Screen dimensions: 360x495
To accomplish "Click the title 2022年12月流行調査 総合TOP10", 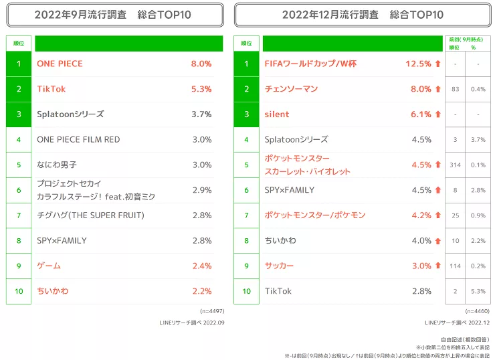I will (x=363, y=14).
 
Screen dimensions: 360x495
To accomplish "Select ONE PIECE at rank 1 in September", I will (x=60, y=64).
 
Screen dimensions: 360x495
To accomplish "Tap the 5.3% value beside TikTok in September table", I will (x=201, y=89).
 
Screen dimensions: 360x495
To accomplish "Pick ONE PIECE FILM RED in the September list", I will (x=78, y=139).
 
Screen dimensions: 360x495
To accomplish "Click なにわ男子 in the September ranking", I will (x=57, y=165).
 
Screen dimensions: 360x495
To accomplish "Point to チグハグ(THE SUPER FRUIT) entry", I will (x=90, y=215).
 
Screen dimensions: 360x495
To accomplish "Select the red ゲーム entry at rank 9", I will (x=49, y=266).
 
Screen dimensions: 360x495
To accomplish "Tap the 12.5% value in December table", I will (x=419, y=64).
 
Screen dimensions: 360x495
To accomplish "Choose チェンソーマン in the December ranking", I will (x=291, y=89).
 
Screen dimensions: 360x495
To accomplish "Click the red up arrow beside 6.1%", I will (x=438, y=114).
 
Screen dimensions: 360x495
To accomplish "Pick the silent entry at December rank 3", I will (x=277, y=114).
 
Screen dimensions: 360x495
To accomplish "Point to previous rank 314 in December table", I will (x=455, y=165).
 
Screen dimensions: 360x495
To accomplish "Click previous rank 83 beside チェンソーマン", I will (x=455, y=89).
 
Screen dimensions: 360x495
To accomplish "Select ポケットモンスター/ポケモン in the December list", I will (x=315, y=215).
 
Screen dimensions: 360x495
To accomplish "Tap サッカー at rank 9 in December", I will (x=279, y=266).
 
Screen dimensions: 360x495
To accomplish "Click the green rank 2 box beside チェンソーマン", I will (x=246, y=89).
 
